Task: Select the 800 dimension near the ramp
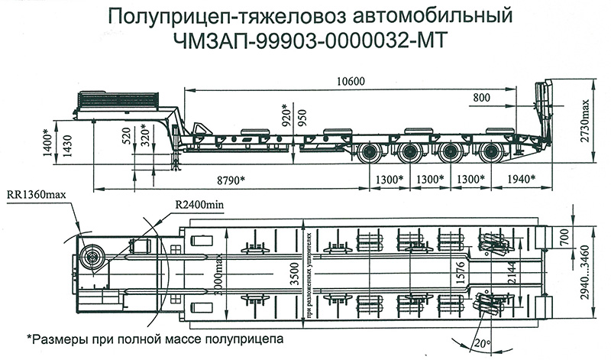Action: click(483, 98)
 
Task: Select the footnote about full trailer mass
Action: click(156, 337)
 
